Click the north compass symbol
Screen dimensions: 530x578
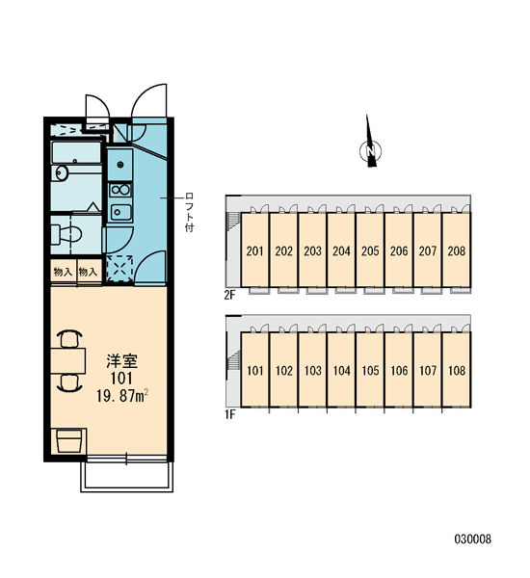(370, 149)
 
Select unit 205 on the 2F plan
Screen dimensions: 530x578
(370, 250)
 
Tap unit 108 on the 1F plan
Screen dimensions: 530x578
(457, 370)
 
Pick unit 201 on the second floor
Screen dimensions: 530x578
(254, 250)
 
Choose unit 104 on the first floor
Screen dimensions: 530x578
(341, 370)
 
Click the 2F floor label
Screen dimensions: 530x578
(229, 296)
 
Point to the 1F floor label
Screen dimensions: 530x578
(229, 415)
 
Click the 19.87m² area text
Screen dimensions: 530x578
(122, 396)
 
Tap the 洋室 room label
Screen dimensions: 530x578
(122, 361)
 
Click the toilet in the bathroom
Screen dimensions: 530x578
(66, 234)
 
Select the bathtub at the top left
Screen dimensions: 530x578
(76, 152)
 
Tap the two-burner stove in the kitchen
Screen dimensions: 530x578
(120, 190)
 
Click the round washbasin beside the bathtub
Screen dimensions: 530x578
(61, 172)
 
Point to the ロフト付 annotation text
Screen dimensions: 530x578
(189, 212)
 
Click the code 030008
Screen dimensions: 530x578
(473, 539)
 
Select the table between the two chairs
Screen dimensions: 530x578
(68, 360)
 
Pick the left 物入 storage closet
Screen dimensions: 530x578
(63, 272)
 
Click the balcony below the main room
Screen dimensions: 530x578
(127, 476)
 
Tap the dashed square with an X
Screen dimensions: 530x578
(119, 269)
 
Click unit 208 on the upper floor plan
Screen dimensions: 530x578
(457, 250)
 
